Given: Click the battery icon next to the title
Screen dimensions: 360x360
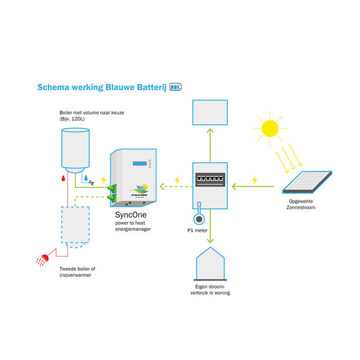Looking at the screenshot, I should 174,87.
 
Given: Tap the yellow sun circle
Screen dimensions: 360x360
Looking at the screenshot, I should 270,128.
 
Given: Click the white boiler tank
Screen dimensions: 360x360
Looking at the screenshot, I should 76,148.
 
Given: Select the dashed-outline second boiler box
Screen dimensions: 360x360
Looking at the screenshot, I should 74,225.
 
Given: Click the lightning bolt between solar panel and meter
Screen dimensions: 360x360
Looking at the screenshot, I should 255,180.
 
